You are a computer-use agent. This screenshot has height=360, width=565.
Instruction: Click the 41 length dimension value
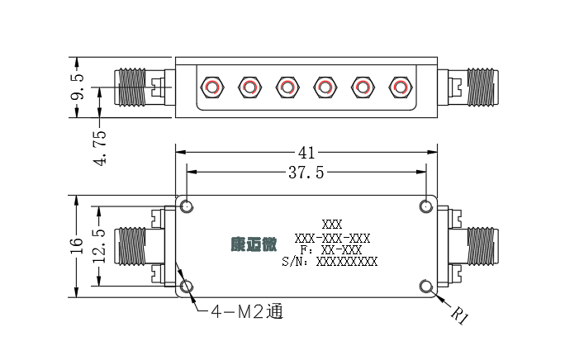point(306,153)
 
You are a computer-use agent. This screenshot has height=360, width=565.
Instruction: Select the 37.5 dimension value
point(306,173)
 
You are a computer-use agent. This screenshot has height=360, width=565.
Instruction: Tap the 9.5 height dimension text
point(77,87)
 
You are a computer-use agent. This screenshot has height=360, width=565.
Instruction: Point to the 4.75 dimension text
point(100,148)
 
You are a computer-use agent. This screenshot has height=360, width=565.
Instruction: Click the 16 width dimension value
point(77,246)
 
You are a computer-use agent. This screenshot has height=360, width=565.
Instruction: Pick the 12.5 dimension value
point(100,247)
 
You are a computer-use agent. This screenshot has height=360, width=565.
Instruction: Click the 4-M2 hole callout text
point(247,311)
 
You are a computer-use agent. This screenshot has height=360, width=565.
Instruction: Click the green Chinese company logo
point(254,244)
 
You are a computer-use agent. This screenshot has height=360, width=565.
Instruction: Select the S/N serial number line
point(330,262)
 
